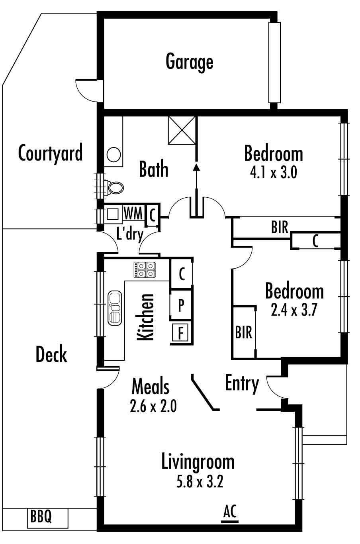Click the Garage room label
189,63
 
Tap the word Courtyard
51,153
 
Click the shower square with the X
182,130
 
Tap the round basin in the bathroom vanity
113,155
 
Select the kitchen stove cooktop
145,269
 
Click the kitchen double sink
115,308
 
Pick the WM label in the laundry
133,214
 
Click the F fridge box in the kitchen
180,333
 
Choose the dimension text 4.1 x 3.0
274,173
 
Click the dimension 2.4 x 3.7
294,310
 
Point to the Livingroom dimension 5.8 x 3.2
200,482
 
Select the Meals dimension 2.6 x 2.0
153,406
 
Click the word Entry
242,383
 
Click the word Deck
51,354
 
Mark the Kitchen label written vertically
145,317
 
